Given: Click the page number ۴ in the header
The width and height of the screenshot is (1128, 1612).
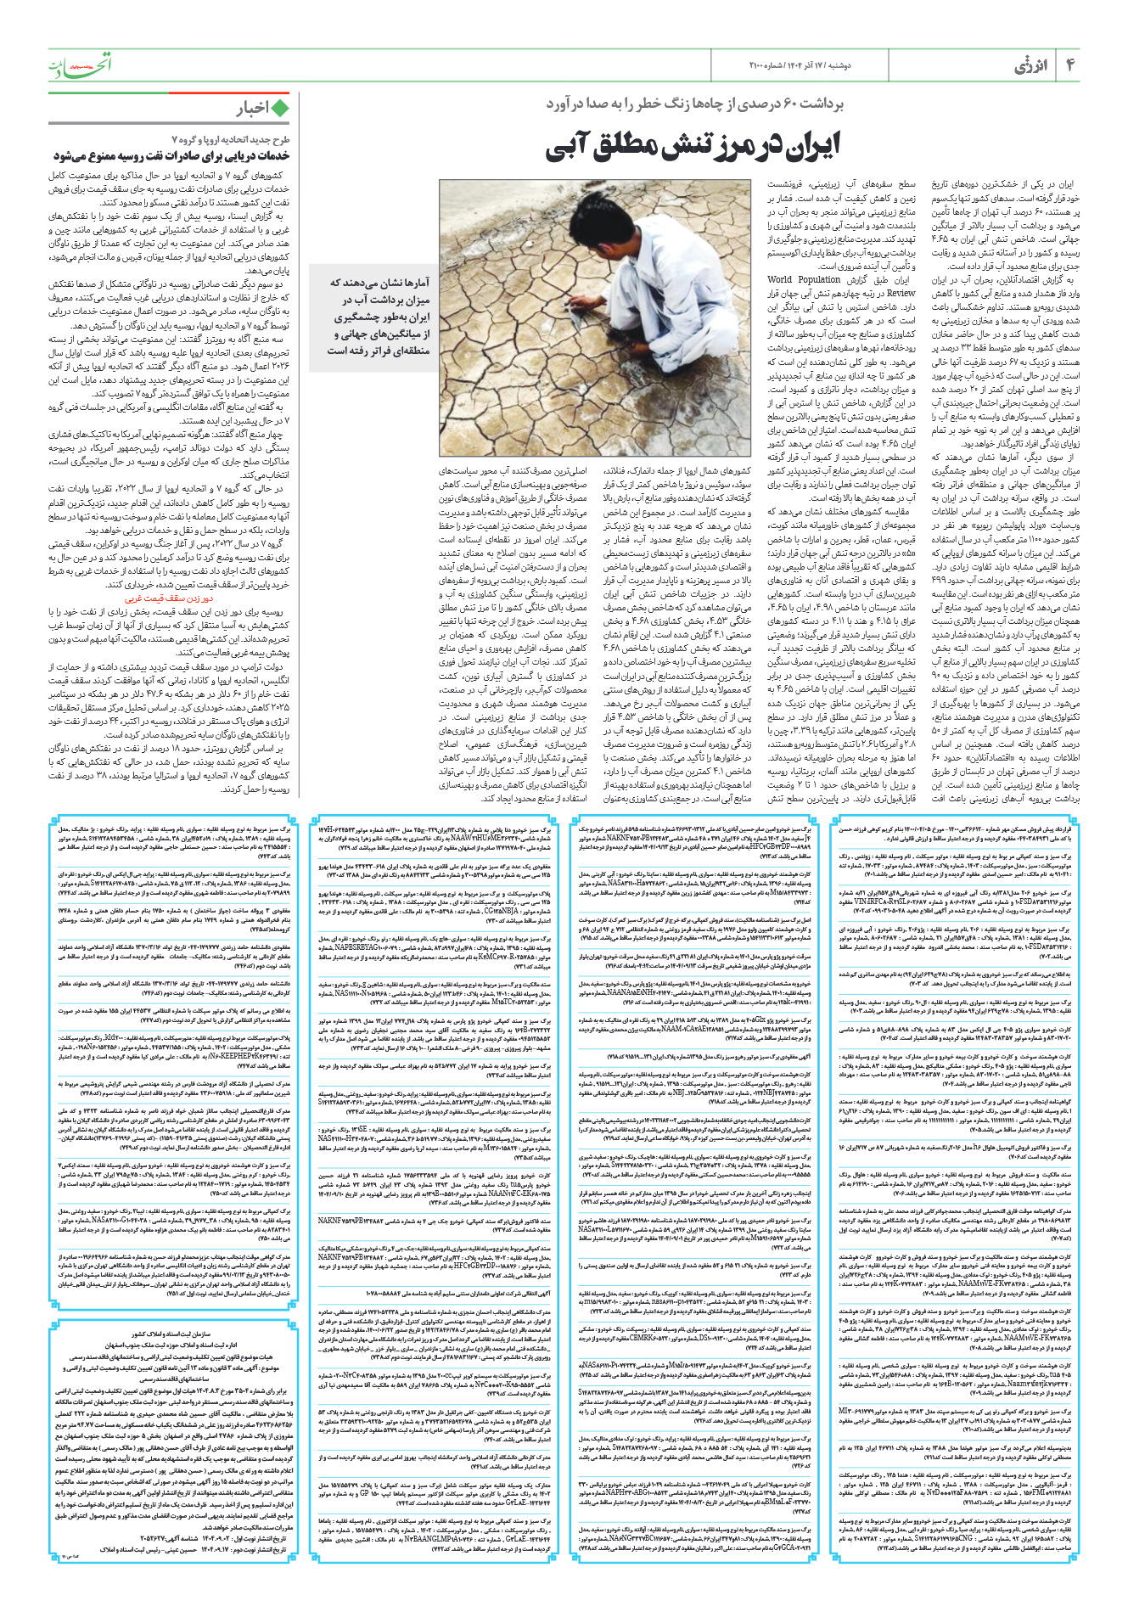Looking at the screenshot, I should [1071, 65].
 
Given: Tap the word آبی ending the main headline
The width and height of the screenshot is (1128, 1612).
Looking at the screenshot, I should [570, 146].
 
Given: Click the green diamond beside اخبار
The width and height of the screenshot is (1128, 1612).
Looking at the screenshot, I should [280, 108].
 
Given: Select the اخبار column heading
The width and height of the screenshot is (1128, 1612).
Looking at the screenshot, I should [252, 108].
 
